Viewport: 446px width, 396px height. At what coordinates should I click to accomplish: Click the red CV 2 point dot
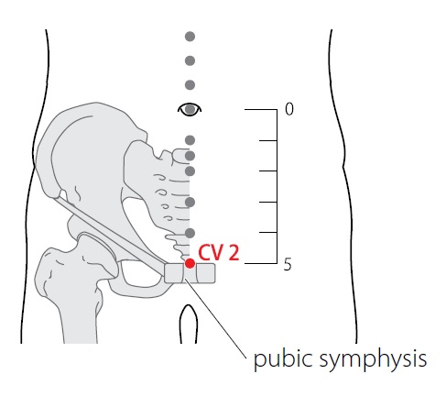[x=190, y=263]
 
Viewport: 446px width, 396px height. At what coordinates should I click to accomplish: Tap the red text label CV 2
[x=219, y=252]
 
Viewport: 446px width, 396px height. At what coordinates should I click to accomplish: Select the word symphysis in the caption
[x=373, y=360]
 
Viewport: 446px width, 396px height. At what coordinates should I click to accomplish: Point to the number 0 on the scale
[x=288, y=109]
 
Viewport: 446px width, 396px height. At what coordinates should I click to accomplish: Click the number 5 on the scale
[x=288, y=264]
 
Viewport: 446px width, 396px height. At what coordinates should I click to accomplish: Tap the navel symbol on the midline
[x=190, y=109]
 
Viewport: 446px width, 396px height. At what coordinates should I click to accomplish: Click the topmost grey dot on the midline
[x=190, y=37]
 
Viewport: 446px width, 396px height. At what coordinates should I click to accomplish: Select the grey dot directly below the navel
[x=190, y=140]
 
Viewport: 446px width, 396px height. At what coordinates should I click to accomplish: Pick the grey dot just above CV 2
[x=190, y=233]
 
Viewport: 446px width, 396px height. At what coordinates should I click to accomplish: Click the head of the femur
[x=99, y=255]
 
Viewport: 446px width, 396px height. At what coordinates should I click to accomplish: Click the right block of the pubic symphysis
[x=206, y=273]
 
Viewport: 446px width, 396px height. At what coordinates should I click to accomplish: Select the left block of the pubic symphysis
[x=174, y=273]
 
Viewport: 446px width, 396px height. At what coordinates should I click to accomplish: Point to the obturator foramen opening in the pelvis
[x=140, y=273]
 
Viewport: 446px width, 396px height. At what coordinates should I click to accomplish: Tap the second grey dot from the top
[x=190, y=60]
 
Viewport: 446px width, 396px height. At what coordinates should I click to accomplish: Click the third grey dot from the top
[x=190, y=85]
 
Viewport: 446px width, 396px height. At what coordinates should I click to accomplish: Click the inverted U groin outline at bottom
[x=189, y=305]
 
